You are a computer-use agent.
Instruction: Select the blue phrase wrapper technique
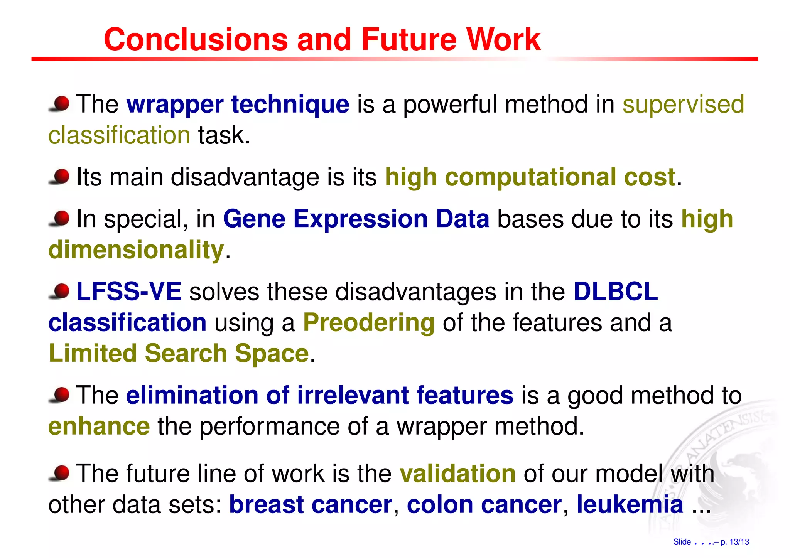(238, 104)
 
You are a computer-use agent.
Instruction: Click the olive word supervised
(683, 104)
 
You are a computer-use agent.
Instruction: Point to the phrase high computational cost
(530, 177)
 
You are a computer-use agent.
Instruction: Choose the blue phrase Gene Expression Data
(356, 219)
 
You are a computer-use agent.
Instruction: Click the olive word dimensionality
(136, 249)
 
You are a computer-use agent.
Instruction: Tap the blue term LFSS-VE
(129, 291)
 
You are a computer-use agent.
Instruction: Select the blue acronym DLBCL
(616, 291)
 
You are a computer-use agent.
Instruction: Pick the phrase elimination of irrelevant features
(320, 395)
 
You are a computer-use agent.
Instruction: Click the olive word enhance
(99, 426)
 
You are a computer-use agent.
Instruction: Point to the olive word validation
(457, 473)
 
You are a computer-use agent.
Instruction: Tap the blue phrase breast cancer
(311, 504)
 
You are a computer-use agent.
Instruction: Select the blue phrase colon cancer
(484, 504)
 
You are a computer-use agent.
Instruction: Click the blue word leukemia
(630, 504)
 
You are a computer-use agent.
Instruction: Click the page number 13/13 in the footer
(739, 542)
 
